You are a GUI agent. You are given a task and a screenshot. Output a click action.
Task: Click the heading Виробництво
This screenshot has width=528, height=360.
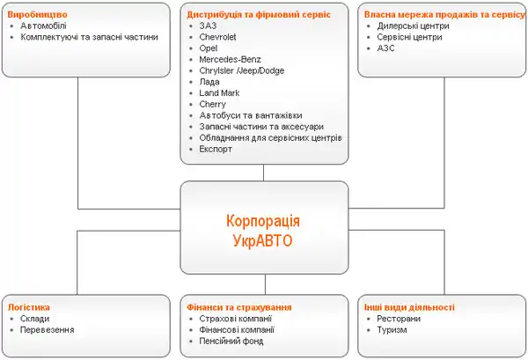(37, 15)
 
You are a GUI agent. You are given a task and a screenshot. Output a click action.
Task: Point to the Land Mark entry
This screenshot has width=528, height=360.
(220, 92)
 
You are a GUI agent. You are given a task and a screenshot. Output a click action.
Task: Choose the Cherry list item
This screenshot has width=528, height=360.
(213, 104)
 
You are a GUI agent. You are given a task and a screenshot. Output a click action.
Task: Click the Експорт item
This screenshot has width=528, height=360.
(216, 150)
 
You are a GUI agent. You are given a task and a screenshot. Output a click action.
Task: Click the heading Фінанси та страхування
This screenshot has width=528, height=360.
(238, 307)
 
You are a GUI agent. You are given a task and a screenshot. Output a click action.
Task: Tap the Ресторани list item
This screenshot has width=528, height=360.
(399, 319)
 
